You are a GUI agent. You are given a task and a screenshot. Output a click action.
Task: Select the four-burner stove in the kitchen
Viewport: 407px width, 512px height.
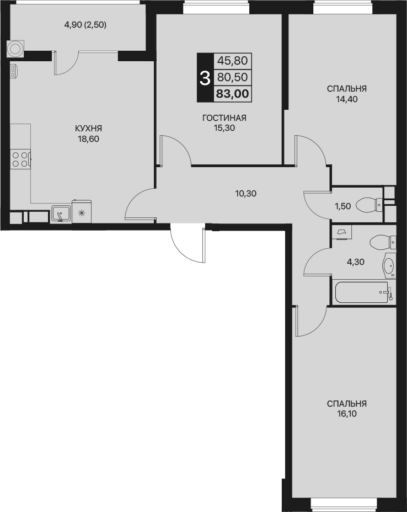tap(20, 159)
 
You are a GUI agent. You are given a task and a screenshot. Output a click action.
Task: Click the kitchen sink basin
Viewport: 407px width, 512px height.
tap(61, 214)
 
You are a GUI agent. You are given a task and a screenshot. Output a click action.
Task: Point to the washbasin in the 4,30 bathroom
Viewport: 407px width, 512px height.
tap(389, 265)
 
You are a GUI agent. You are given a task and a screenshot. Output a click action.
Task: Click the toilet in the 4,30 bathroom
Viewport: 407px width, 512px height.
tap(383, 242)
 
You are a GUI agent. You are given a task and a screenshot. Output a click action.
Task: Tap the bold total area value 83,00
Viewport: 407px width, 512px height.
tap(232, 94)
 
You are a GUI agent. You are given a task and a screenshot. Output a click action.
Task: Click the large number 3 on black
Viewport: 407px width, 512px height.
tap(205, 78)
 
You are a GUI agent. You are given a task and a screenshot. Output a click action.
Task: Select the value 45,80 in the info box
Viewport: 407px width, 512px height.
tap(232, 60)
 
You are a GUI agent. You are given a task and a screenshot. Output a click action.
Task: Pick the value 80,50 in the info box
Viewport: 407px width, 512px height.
tap(232, 77)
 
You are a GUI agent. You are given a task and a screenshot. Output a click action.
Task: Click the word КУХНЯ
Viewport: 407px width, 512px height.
tap(88, 129)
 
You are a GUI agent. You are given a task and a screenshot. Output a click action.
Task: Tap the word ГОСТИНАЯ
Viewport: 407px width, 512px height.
tap(224, 118)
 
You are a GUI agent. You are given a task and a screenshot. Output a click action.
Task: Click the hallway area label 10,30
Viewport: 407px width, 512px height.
tap(246, 194)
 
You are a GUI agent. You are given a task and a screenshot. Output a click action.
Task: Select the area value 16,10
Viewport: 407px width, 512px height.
tap(347, 414)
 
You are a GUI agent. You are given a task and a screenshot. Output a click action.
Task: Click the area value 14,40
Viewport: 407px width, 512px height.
tap(347, 99)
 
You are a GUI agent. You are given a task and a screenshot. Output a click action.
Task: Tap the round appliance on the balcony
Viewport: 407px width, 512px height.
tap(15, 49)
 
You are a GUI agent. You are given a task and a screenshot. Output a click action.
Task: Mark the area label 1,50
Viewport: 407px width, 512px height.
tap(342, 206)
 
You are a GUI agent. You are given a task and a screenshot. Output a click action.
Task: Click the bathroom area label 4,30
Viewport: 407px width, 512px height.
tap(355, 262)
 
